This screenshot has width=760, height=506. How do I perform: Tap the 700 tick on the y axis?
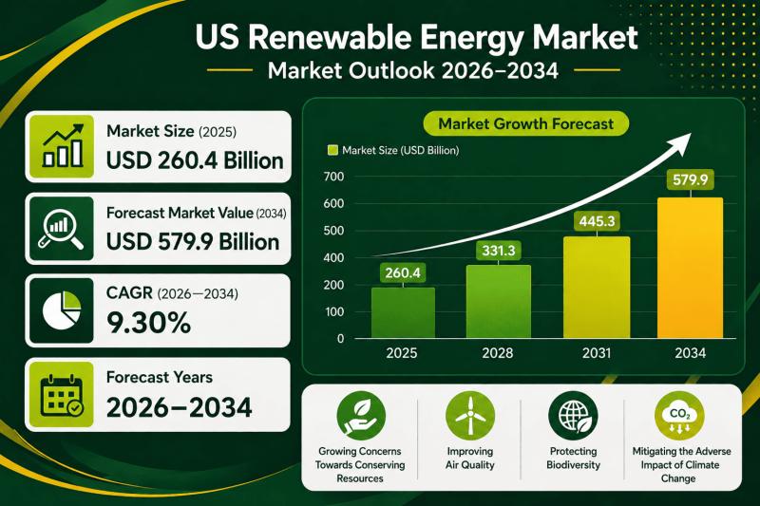click(332, 178)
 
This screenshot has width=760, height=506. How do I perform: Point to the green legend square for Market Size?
click(332, 150)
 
